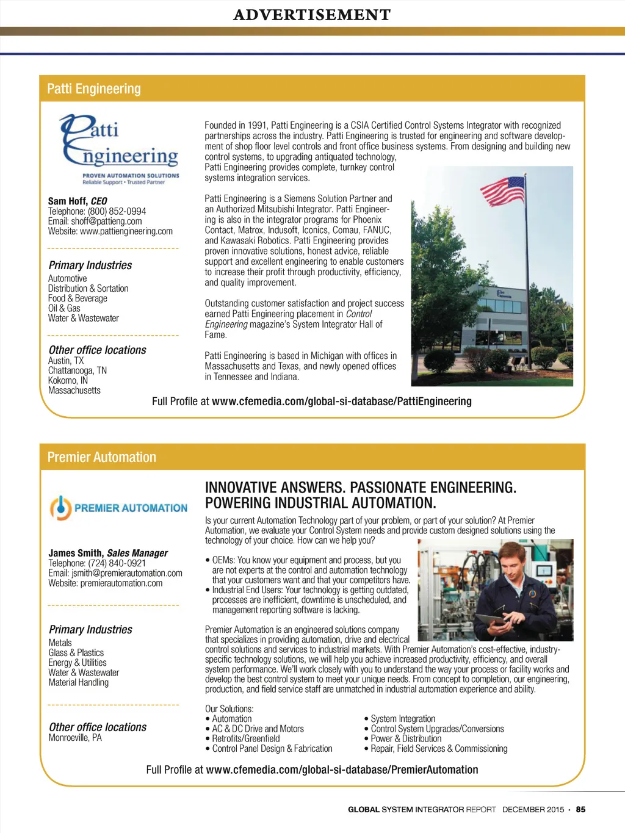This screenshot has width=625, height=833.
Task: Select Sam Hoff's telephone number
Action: pos(117,211)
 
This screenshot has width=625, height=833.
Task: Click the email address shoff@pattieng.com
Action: pos(106,221)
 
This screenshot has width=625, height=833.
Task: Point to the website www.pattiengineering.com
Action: pos(126,231)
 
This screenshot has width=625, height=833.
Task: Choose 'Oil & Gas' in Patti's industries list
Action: pos(64,308)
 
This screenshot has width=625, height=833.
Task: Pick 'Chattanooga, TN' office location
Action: pos(78,370)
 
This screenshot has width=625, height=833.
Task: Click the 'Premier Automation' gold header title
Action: pos(101,457)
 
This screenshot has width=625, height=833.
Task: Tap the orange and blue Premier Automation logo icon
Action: pos(60,508)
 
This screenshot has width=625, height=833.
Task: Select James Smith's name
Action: pos(76,553)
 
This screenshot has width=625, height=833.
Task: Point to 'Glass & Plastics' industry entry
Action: pos(76,652)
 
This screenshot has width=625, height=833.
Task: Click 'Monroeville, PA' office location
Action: pos(75,738)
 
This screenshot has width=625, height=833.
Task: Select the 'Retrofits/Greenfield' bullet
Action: pos(246,738)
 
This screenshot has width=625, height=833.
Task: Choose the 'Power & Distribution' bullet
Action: pos(406,738)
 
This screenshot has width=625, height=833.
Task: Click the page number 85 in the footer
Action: pos(580,809)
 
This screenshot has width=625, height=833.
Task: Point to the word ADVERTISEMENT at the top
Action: pos(312,15)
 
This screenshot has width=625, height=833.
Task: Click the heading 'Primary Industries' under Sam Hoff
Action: pos(90,265)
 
